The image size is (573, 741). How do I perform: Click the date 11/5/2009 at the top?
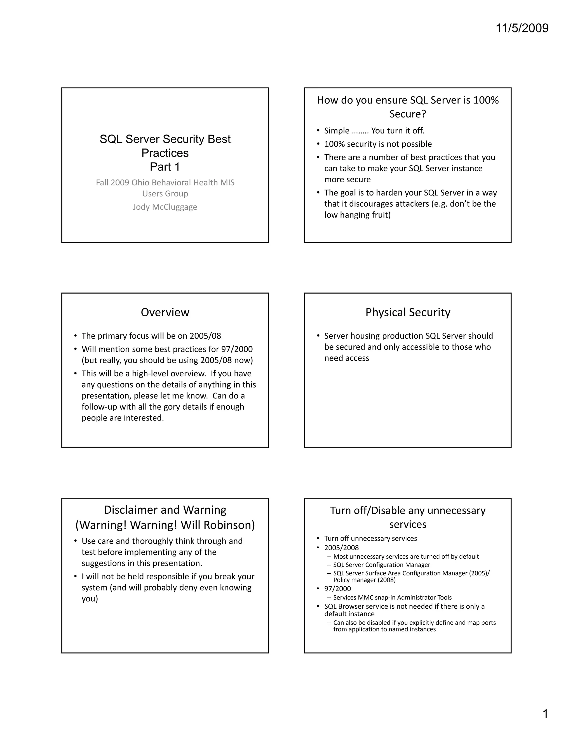(522, 28)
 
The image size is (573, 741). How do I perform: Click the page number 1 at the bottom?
(545, 714)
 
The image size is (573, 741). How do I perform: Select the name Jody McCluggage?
(165, 207)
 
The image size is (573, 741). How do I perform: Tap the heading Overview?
(165, 312)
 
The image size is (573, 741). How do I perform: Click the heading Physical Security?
(408, 312)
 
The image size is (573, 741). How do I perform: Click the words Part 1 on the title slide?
(165, 167)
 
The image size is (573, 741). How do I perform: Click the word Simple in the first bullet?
(337, 131)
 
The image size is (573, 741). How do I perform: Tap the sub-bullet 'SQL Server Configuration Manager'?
(382, 565)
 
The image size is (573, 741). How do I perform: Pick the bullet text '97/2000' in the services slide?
(337, 589)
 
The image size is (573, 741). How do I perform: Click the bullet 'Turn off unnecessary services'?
(370, 539)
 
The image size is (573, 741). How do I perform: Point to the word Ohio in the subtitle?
(140, 183)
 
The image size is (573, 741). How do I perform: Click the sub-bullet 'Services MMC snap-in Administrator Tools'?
(393, 598)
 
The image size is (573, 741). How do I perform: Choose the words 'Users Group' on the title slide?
(165, 194)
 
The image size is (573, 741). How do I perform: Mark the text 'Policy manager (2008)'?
(364, 580)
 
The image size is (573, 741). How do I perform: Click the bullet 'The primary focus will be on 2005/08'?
(151, 336)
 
